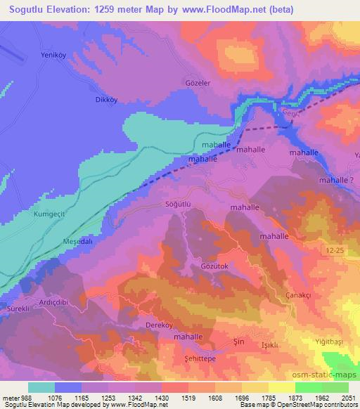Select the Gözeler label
tap(198, 82)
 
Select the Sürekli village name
tap(17, 308)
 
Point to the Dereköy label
tap(157, 326)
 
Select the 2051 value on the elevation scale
tap(345, 397)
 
